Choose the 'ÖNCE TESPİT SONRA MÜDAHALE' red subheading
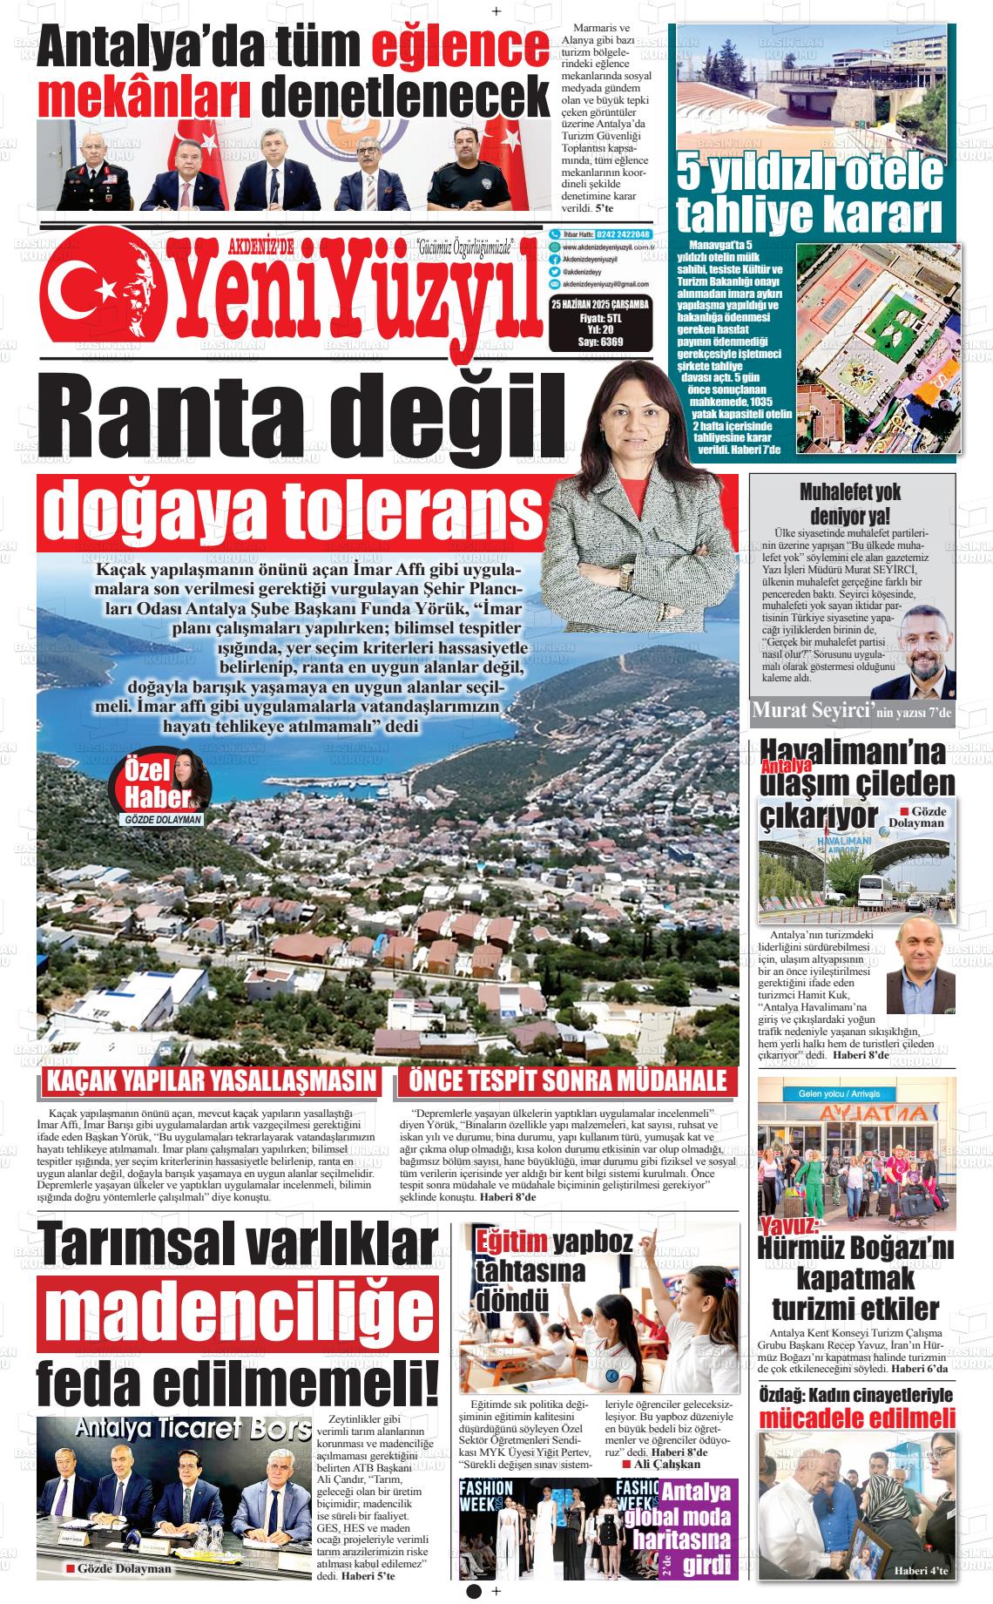(x=568, y=1081)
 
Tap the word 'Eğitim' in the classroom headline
(x=510, y=1240)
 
